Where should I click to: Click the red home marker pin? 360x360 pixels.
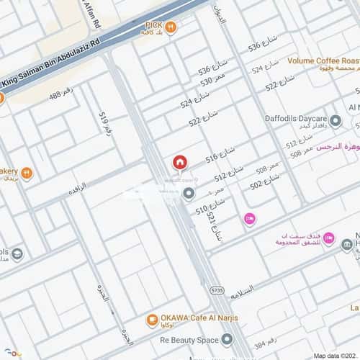(x=179, y=163)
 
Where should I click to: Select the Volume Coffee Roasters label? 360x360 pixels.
(x=323, y=61)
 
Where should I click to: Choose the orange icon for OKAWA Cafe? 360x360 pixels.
(x=152, y=319)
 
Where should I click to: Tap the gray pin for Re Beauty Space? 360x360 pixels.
(x=228, y=338)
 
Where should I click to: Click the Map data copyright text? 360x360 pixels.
(x=336, y=355)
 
